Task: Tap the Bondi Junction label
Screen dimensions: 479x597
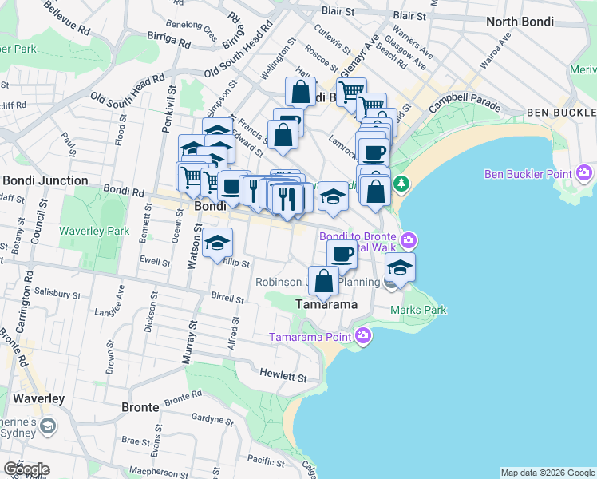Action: (45, 180)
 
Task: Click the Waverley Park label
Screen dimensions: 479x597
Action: (94, 231)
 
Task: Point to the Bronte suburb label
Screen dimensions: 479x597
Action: (140, 407)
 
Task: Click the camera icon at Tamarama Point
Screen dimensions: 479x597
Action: (365, 335)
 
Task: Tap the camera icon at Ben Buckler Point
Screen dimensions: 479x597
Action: (585, 172)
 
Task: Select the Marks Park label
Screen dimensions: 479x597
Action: (418, 310)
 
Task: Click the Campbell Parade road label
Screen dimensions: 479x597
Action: (464, 105)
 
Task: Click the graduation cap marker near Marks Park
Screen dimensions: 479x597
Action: (401, 267)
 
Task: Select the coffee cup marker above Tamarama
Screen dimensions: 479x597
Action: (342, 255)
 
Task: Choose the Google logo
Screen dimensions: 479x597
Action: (26, 469)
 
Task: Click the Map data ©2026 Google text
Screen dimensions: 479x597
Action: (548, 473)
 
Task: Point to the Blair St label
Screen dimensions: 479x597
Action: (338, 11)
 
